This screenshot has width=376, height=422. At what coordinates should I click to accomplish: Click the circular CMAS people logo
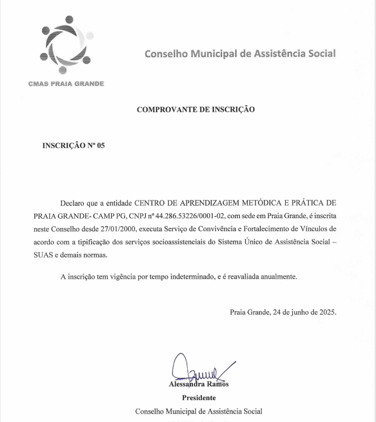[x=66, y=45]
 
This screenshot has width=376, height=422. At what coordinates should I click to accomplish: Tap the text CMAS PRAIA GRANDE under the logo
[x=66, y=84]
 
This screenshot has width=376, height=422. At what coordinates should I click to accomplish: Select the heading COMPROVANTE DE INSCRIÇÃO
[x=196, y=109]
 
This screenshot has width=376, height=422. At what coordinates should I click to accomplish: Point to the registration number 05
[x=101, y=146]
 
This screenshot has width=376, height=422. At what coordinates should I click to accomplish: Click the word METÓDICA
[x=266, y=203]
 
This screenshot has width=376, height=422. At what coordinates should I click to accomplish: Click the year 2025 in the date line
[x=328, y=312]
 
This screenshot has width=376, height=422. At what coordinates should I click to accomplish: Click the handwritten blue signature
[x=197, y=369]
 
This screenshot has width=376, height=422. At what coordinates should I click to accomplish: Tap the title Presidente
[x=199, y=398]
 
